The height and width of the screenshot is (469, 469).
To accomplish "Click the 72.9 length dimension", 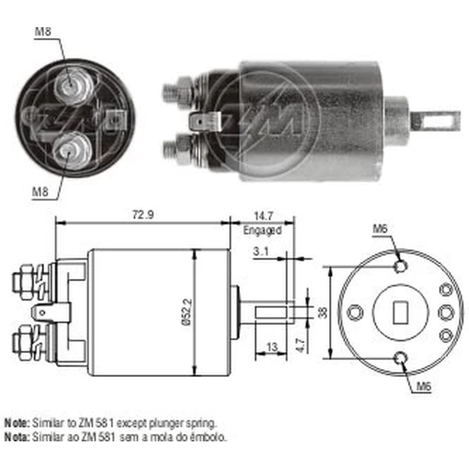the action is click(143, 214).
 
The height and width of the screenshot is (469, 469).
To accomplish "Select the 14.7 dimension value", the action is click(264, 216).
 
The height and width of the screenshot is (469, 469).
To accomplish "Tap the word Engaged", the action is click(262, 230).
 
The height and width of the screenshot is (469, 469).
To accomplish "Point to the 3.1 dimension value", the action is click(261, 251).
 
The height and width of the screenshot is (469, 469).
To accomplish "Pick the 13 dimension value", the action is click(272, 347).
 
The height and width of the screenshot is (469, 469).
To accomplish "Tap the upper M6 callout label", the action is click(380, 229).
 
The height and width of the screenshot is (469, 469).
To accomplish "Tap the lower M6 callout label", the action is click(424, 387).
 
